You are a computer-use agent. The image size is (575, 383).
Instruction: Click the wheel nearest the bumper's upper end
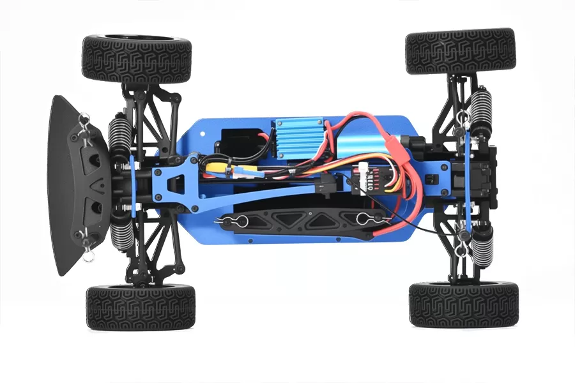point(137,59)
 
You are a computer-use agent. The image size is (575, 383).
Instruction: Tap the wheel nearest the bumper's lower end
point(141,307)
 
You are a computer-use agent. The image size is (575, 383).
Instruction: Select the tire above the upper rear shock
point(460,51)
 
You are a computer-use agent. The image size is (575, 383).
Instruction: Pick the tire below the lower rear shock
point(463,304)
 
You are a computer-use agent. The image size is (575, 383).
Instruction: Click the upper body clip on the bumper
point(83,121)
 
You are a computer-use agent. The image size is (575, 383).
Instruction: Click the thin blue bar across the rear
point(468,185)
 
